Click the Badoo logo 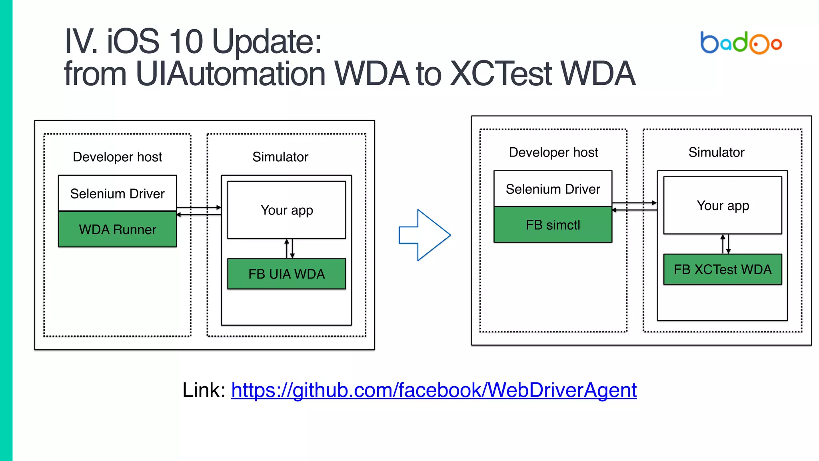point(741,42)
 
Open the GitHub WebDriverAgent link point(433,390)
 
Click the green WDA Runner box point(118,229)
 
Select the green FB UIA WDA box point(286,274)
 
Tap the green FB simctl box point(553,225)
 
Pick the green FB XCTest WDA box point(722,269)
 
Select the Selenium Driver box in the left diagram point(118,194)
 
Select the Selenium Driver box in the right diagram point(553,189)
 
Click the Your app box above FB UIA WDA point(286,210)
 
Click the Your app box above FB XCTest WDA point(722,205)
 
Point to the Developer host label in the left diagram point(118,157)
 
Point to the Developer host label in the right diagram point(553,152)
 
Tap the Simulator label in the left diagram point(280,157)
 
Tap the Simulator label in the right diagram point(716,152)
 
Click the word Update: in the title point(267,42)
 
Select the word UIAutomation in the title point(231,74)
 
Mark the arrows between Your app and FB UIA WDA point(290,249)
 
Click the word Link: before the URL point(204,390)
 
